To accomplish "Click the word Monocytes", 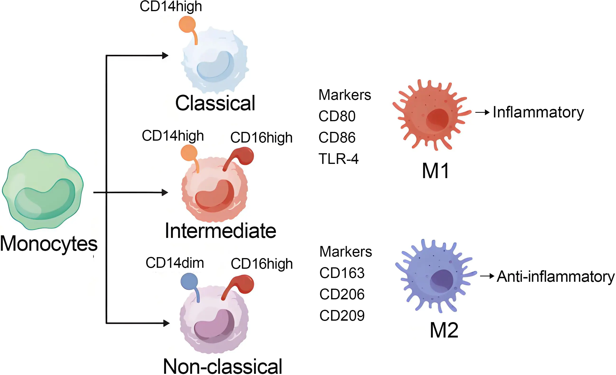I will [x=49, y=244].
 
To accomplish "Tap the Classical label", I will [x=215, y=103].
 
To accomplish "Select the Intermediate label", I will [x=221, y=231].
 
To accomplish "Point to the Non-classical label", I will [x=222, y=366].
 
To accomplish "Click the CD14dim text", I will [x=175, y=263].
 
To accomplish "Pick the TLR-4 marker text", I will [x=338, y=159].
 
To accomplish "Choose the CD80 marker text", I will [x=337, y=116].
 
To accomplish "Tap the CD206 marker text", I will [x=342, y=294].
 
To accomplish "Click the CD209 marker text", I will [x=342, y=315].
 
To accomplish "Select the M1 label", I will [x=436, y=171].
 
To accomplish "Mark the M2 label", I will [x=444, y=330].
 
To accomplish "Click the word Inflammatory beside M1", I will [x=538, y=112].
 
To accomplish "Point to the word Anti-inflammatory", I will [x=556, y=277].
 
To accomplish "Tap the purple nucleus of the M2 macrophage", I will [x=441, y=281].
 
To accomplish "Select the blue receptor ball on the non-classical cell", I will [x=189, y=281].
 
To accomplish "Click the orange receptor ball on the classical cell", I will [x=187, y=24].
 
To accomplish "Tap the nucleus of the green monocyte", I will [x=45, y=200].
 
